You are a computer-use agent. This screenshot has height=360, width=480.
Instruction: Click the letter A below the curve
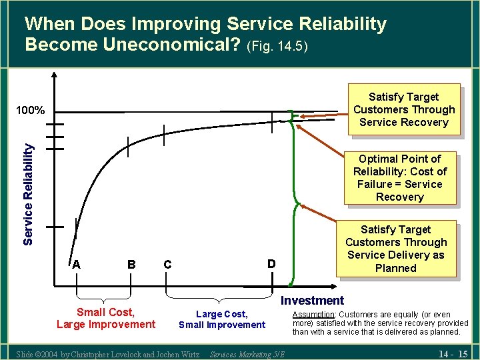click(x=77, y=265)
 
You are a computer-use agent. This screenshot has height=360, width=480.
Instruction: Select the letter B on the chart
click(x=131, y=265)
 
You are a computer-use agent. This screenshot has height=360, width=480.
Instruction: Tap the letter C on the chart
click(x=167, y=265)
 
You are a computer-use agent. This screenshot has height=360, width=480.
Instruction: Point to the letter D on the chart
click(x=271, y=264)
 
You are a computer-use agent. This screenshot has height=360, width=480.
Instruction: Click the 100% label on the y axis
click(x=31, y=110)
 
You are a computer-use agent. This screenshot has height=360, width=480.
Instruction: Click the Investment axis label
click(x=312, y=301)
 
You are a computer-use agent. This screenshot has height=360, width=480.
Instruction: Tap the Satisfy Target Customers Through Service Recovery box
click(x=403, y=109)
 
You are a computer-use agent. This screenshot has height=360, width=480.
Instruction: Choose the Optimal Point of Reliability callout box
click(x=399, y=178)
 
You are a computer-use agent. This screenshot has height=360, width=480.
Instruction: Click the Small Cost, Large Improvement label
click(x=105, y=319)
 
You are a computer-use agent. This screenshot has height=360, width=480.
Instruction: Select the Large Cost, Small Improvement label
click(x=221, y=319)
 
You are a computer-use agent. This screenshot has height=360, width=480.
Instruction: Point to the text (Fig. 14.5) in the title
click(x=277, y=47)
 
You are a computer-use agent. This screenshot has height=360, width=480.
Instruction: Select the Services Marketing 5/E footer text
click(x=247, y=354)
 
